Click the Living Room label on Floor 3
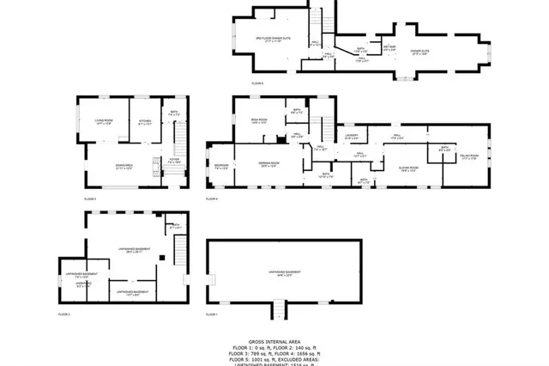(104, 121)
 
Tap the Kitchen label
(145, 121)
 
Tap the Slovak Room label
(407, 168)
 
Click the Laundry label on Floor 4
(351, 136)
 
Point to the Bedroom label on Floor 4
(220, 165)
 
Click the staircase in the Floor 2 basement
(180, 251)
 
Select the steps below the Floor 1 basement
(277, 307)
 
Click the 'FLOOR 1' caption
(211, 315)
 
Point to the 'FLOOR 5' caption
(257, 83)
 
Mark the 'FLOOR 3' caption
(90, 199)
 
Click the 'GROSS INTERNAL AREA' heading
(274, 341)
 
